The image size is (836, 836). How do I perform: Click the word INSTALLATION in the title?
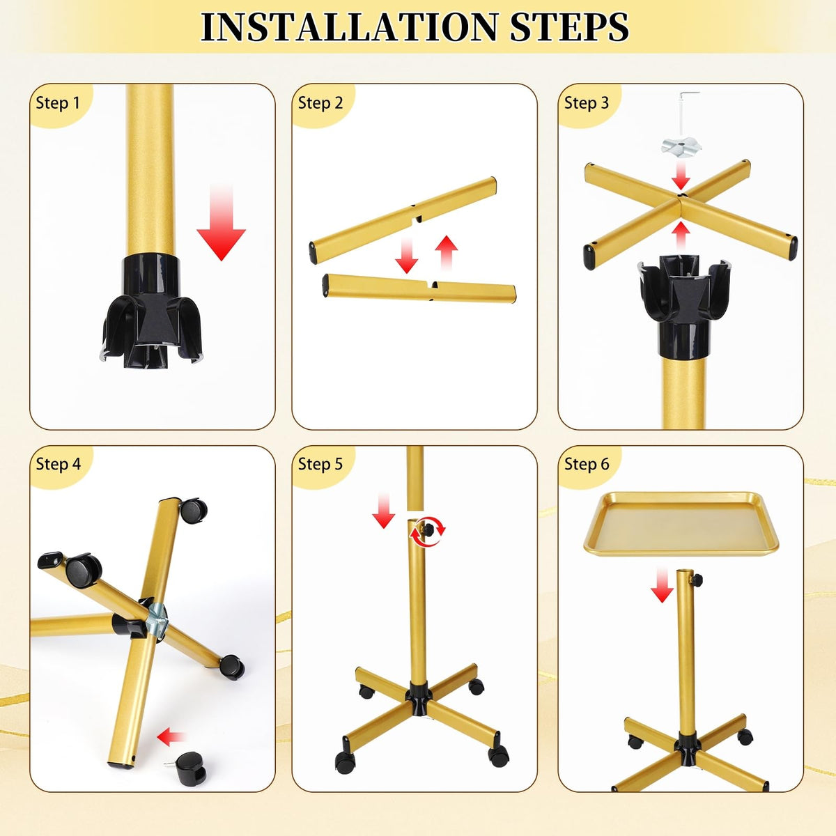[x=349, y=27]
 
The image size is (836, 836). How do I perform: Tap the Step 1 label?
[x=58, y=103]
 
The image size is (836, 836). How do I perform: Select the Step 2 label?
[x=320, y=103]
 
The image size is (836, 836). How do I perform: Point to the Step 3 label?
[x=587, y=103]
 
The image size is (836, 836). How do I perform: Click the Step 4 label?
[x=58, y=464]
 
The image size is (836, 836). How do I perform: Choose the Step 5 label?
[x=320, y=464]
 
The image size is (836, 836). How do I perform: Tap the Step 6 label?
[x=587, y=464]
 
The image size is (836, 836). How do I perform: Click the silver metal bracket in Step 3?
[x=681, y=146]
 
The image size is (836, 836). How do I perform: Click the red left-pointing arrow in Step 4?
[x=171, y=736]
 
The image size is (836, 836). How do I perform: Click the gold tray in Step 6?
[x=681, y=524]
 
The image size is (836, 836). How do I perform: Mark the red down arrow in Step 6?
[x=662, y=585]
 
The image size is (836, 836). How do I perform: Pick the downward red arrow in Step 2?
[x=406, y=255]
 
